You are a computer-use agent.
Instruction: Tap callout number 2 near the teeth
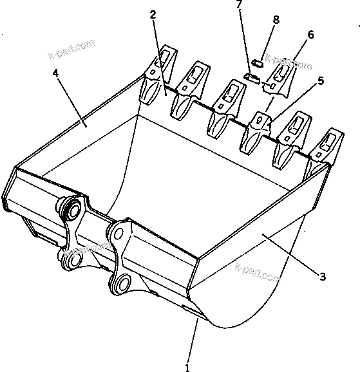point(153,15)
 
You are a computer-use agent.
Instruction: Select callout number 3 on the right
point(323,277)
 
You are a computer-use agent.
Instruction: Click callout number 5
point(320,81)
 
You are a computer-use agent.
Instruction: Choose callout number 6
point(310,35)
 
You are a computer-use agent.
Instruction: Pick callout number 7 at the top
point(239,5)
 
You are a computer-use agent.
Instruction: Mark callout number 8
point(276,20)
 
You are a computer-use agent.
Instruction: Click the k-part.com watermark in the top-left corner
point(71,49)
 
